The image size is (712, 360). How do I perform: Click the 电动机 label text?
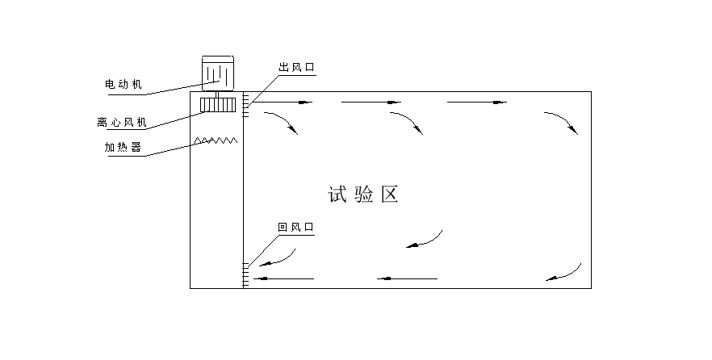123,83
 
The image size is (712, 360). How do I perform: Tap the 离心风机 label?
121,123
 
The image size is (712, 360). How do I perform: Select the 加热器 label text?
123,148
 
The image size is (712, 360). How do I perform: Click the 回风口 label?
295,228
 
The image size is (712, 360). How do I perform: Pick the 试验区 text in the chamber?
365,195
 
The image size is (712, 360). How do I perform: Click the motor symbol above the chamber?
217,73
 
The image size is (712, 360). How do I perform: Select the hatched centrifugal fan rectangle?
217,104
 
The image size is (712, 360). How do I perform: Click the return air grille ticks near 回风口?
245,274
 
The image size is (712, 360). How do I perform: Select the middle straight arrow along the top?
371,103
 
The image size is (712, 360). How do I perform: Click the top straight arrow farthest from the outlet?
477,103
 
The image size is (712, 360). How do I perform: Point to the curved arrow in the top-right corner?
561,122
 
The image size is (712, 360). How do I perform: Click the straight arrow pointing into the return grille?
283,279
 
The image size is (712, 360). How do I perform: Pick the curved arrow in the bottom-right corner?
564,272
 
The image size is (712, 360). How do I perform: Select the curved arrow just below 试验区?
425,239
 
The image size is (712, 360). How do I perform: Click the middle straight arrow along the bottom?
408,279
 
